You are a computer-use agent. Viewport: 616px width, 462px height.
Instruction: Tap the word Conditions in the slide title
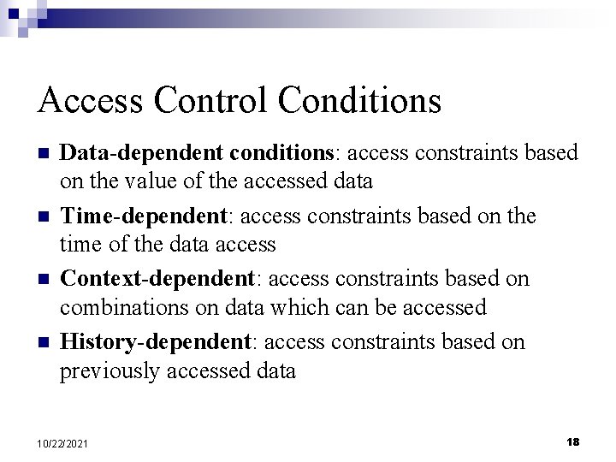[x=359, y=101]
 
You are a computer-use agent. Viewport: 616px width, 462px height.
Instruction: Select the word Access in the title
[x=92, y=101]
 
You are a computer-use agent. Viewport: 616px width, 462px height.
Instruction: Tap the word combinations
[x=120, y=307]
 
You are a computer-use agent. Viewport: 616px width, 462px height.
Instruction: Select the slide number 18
[x=572, y=441]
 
